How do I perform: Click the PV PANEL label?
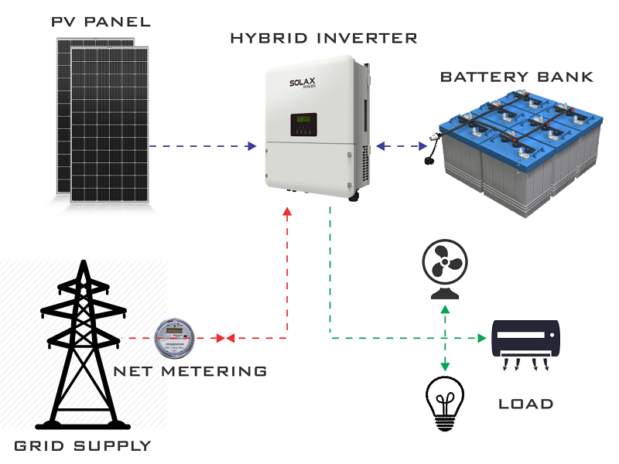click(x=101, y=20)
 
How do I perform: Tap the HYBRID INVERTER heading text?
click(x=323, y=37)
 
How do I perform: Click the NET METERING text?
click(x=190, y=371)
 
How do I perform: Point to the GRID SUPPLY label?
click(x=83, y=445)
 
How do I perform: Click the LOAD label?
click(x=526, y=404)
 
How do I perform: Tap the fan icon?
click(x=444, y=268)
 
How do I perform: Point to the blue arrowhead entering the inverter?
click(x=251, y=145)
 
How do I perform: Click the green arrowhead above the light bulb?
click(x=444, y=367)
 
